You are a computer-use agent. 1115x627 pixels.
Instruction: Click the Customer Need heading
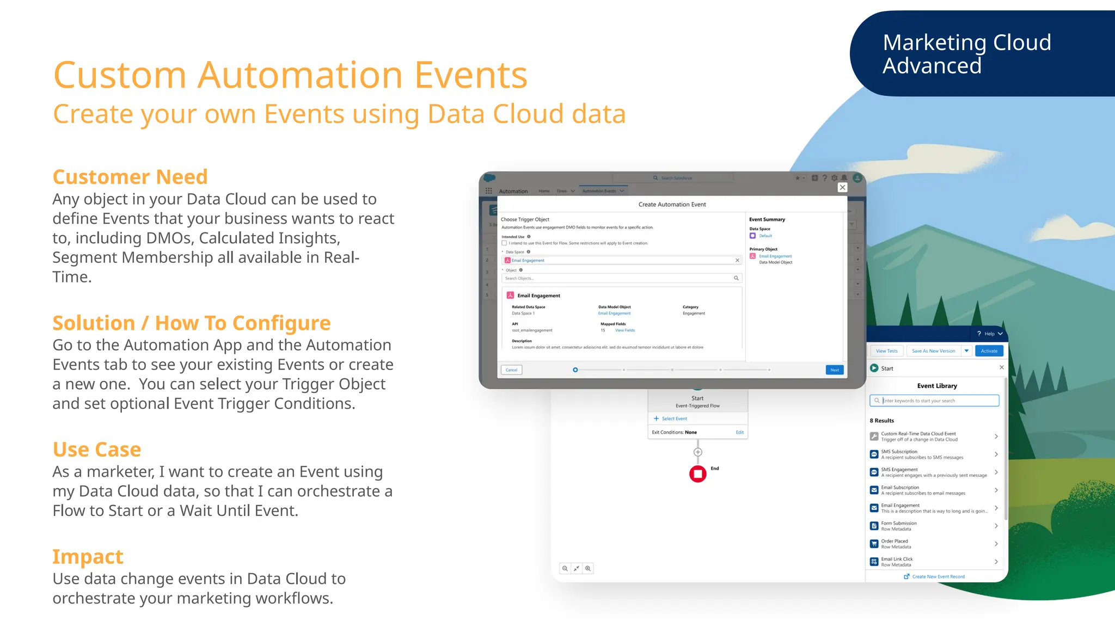click(130, 177)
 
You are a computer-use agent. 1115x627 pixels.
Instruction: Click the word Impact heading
click(88, 556)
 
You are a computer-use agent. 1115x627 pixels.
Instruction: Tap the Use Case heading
click(97, 450)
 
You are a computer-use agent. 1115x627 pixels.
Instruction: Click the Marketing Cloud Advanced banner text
click(966, 54)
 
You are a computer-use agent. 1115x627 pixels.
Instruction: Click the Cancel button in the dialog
click(511, 370)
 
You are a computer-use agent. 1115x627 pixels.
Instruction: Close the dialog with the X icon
click(842, 188)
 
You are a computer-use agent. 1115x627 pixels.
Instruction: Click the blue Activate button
click(989, 351)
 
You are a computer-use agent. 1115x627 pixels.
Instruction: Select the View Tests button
click(886, 351)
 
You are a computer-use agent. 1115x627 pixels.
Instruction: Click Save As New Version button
click(933, 351)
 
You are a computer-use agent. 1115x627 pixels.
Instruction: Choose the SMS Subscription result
click(934, 454)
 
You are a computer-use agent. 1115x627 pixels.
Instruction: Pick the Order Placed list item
click(934, 544)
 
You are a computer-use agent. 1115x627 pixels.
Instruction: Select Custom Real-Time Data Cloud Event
click(934, 437)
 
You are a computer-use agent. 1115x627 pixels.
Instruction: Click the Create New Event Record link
click(938, 576)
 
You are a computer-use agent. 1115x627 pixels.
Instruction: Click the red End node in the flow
click(697, 474)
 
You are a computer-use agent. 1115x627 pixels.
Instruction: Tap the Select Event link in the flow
click(673, 419)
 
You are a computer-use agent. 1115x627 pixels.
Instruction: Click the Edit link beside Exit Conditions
click(739, 432)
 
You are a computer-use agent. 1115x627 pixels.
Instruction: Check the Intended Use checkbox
click(504, 243)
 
